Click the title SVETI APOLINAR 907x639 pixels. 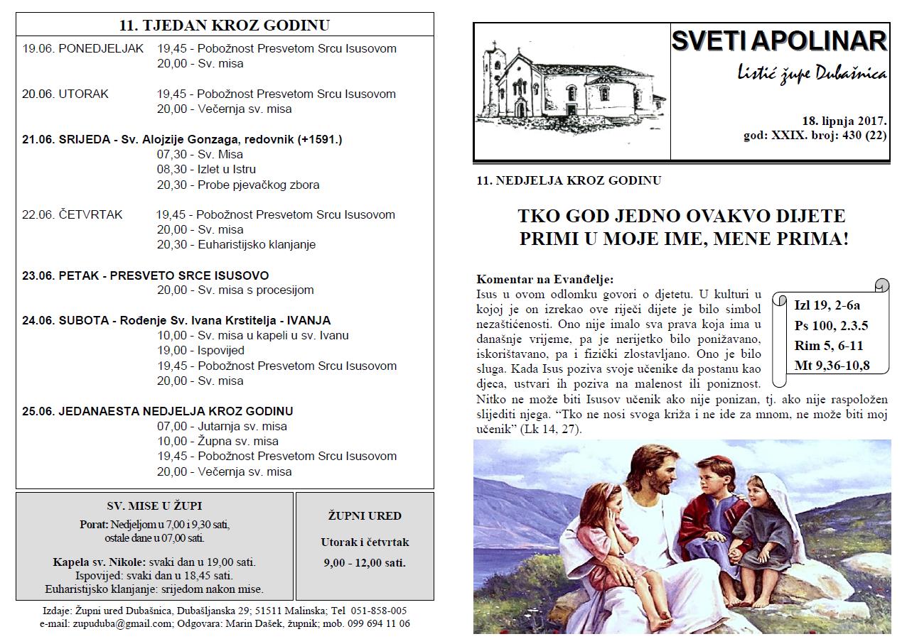coord(779,41)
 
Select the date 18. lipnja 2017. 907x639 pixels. coord(843,121)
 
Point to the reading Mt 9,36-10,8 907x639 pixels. coord(832,366)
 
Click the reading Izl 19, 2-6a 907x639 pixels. coord(827,306)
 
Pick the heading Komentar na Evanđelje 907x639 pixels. coord(544,280)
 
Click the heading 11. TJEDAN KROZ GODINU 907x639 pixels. coord(225,26)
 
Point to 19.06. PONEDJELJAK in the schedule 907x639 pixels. coord(83,49)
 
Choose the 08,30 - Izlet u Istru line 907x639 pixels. coord(206,170)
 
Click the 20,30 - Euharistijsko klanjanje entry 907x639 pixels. coord(236,245)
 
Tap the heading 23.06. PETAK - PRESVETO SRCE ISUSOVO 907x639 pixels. coord(145,275)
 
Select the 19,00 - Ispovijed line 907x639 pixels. coord(200,351)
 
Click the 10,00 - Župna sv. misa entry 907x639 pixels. coord(218,442)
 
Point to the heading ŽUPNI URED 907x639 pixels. coord(365,516)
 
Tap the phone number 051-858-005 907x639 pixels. coord(379,611)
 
